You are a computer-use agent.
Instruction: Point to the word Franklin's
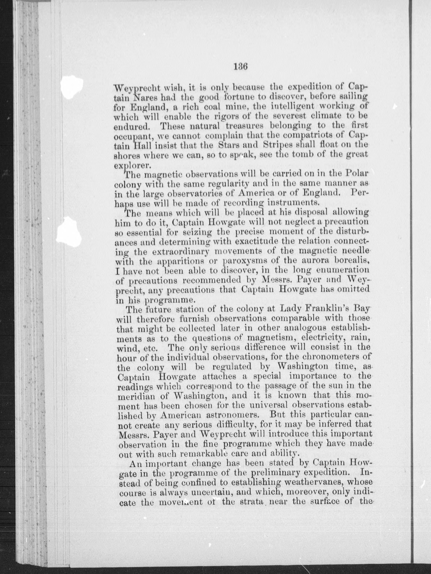[316, 309]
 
